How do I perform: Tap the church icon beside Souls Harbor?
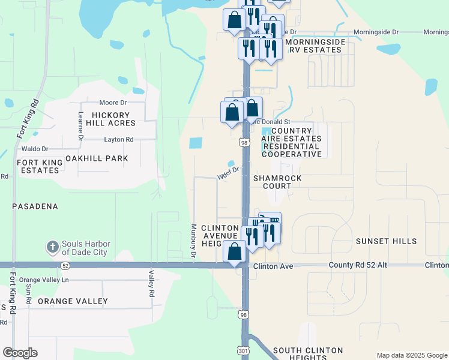click(52, 247)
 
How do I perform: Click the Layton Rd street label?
click(118, 139)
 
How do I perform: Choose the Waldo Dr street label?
click(34, 149)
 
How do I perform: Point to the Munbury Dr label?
click(193, 241)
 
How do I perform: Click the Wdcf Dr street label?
click(229, 173)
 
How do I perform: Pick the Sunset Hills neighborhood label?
click(386, 241)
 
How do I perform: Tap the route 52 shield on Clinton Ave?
click(65, 265)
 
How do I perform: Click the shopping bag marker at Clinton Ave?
click(234, 252)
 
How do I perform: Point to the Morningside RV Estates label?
click(315, 46)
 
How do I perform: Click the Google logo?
click(20, 353)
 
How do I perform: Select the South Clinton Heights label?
click(308, 354)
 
